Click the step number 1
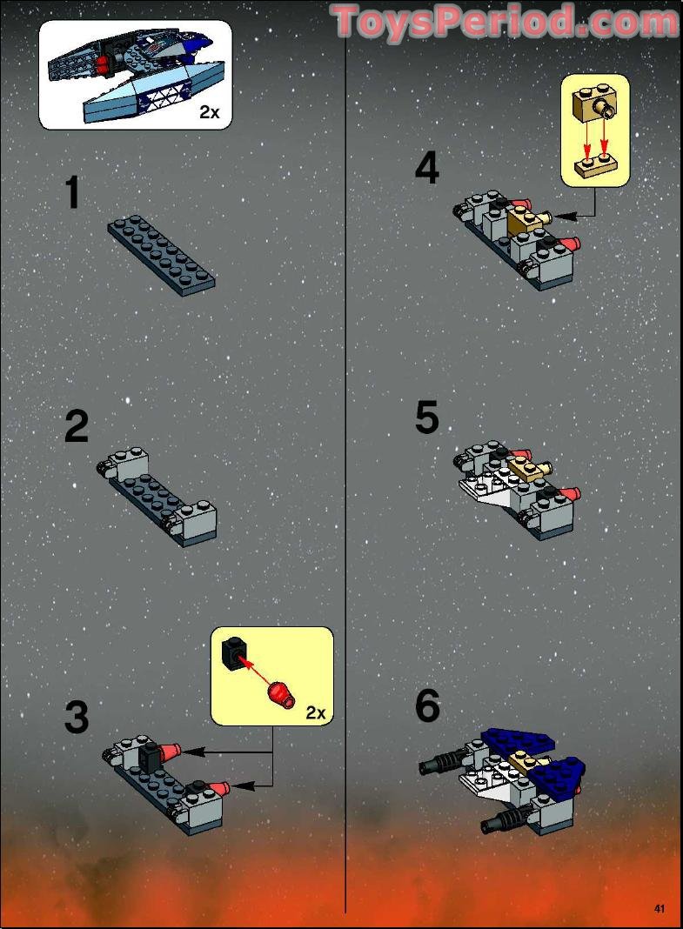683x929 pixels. tap(74, 192)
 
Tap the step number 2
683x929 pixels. tap(77, 427)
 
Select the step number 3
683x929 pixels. tap(77, 718)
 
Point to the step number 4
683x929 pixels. tap(426, 168)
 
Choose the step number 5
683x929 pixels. tap(426, 418)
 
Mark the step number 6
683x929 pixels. tap(427, 706)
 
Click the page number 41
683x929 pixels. tap(659, 909)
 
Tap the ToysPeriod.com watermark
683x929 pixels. tap(505, 21)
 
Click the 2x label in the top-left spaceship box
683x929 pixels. tap(210, 111)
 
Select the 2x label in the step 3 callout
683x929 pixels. tap(315, 713)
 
